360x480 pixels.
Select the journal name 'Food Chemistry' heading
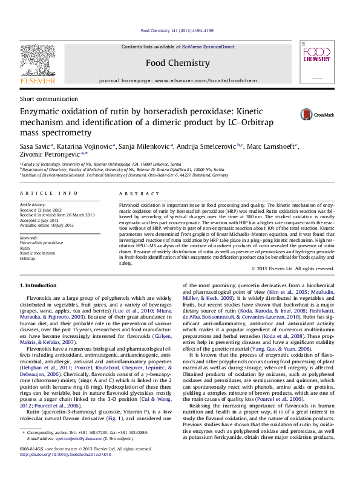(x=177, y=63)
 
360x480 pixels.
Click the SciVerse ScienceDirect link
(x=205, y=47)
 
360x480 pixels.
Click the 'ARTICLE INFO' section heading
(x=48, y=193)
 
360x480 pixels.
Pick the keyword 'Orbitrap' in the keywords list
(x=28, y=258)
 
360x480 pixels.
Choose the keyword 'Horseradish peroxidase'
(x=41, y=242)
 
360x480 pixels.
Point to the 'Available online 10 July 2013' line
(x=47, y=225)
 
